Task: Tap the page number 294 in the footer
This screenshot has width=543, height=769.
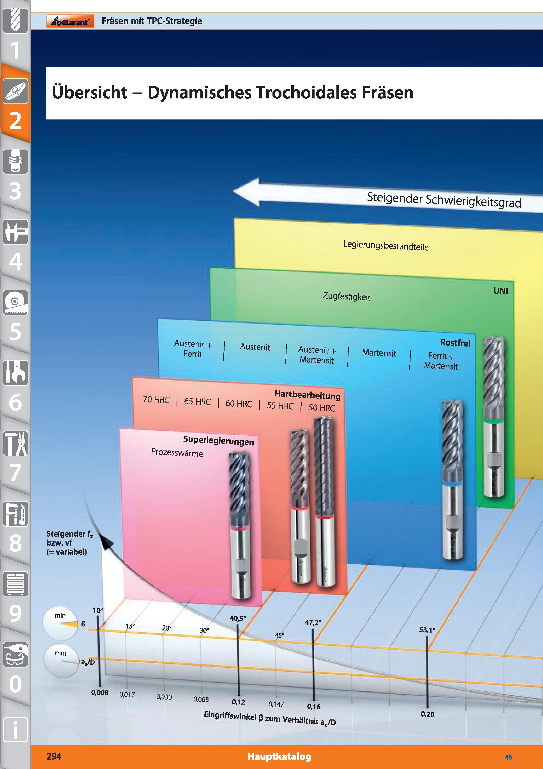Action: (x=54, y=756)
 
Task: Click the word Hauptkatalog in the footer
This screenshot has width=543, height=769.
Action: (x=279, y=757)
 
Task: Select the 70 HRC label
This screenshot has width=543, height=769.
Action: (x=156, y=400)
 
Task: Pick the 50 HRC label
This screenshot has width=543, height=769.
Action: (x=322, y=408)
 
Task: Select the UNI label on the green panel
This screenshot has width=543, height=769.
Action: (x=501, y=291)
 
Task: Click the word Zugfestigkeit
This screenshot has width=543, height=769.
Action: (x=347, y=296)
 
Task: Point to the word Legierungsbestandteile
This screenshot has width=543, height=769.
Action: (x=386, y=246)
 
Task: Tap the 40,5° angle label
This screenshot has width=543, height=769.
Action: (x=237, y=618)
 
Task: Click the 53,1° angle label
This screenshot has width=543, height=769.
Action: (x=427, y=630)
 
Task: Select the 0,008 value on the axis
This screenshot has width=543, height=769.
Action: (x=100, y=693)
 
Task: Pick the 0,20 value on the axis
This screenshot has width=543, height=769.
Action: (x=428, y=714)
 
